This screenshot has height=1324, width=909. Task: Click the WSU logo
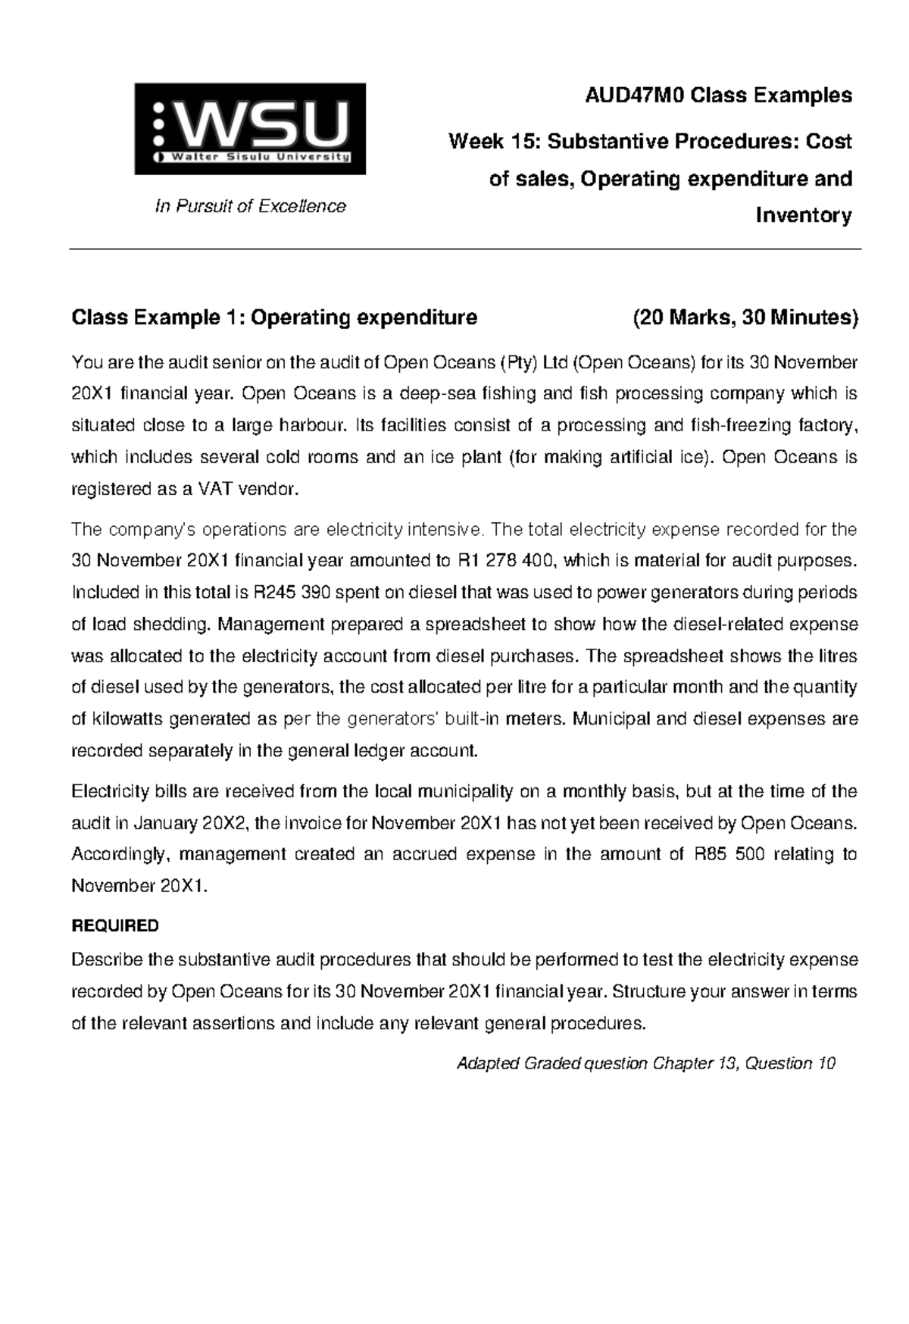click(250, 129)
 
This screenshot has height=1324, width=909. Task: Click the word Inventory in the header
click(804, 216)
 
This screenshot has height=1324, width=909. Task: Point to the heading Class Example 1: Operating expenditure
click(274, 317)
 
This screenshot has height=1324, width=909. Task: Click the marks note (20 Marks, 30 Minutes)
click(745, 317)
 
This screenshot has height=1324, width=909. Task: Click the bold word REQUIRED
click(114, 926)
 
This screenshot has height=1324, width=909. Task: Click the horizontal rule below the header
click(465, 249)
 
